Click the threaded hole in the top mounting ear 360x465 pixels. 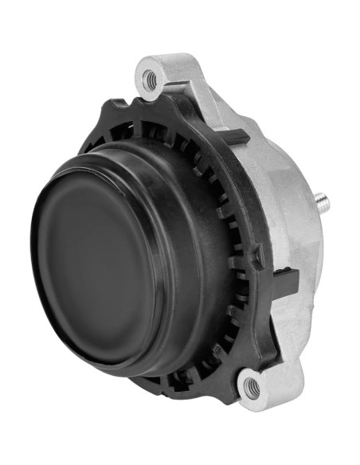[x=149, y=78]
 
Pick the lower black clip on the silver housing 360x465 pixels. [x=287, y=279]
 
